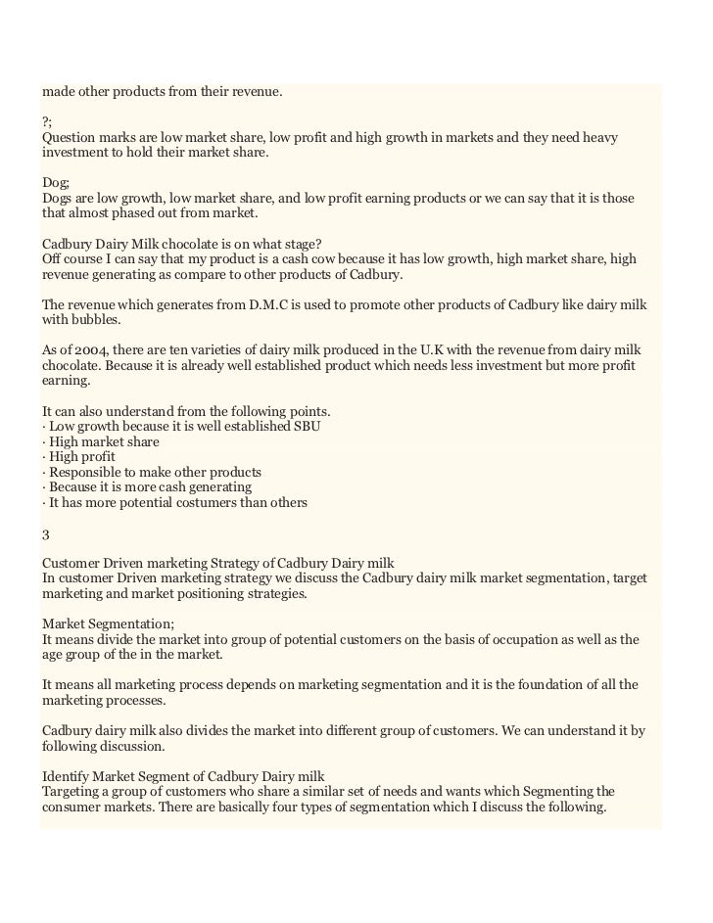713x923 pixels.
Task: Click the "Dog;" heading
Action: (56, 182)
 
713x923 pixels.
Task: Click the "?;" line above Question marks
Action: (47, 121)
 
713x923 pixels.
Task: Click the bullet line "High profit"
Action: (81, 456)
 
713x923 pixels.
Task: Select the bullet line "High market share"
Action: (104, 441)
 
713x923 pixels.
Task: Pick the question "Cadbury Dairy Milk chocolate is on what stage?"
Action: (182, 243)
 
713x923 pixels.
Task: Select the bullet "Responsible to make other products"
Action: (155, 472)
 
